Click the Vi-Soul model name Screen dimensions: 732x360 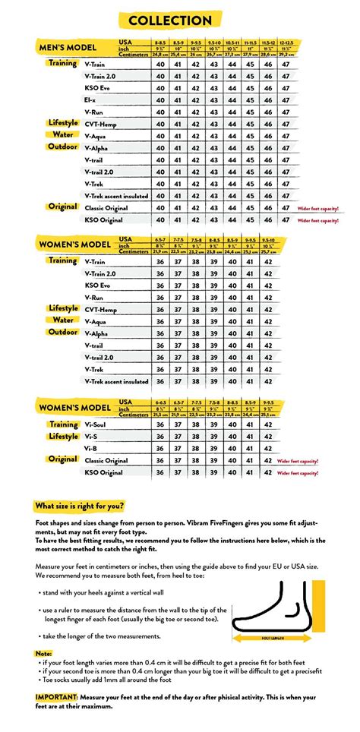[x=98, y=424]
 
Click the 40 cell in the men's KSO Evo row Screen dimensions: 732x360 [x=160, y=87]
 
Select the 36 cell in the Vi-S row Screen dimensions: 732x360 [x=160, y=437]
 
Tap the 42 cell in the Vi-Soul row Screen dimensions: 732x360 [x=268, y=424]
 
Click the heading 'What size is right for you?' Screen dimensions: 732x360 [x=80, y=506]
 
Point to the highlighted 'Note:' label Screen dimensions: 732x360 [x=44, y=653]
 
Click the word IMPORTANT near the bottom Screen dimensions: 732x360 [x=59, y=696]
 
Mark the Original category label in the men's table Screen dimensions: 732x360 [x=63, y=207]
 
